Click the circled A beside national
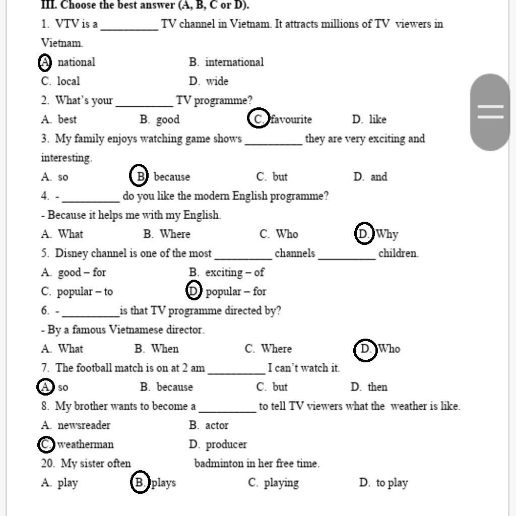click(45, 62)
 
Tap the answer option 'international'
click(234, 62)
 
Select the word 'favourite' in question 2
click(291, 119)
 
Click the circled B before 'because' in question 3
click(139, 176)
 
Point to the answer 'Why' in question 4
click(386, 234)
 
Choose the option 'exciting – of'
click(234, 273)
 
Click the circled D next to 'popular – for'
click(193, 291)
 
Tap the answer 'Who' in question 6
click(389, 349)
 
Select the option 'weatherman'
click(85, 444)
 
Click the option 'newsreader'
click(84, 425)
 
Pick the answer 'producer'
click(226, 444)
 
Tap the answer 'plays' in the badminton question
click(164, 483)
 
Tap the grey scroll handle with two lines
click(490, 112)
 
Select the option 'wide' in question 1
click(217, 81)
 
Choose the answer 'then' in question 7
click(377, 387)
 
